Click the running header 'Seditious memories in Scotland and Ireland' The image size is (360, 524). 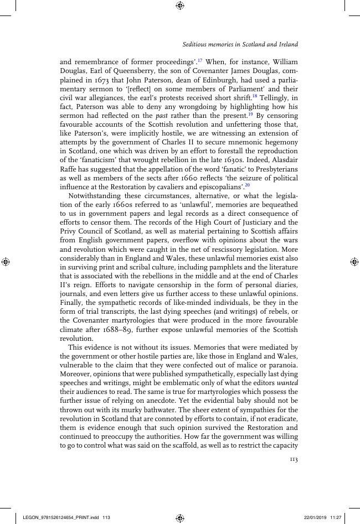point(240,44)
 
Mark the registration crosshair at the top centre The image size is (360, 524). point(179,6)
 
